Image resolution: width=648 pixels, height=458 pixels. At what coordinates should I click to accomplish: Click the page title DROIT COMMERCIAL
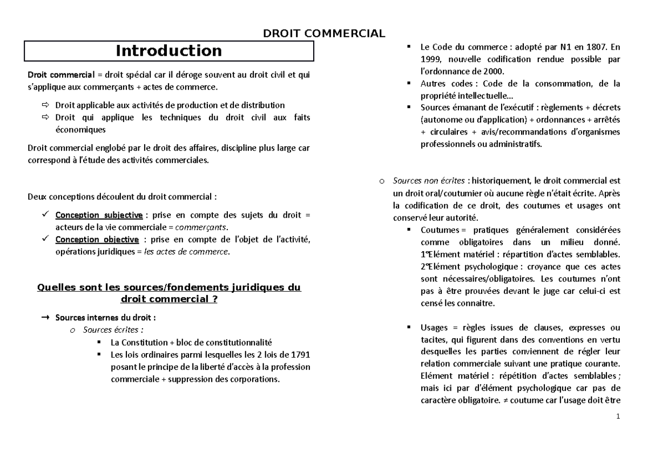coord(324,33)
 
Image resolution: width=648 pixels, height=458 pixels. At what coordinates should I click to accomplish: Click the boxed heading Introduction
coord(168,51)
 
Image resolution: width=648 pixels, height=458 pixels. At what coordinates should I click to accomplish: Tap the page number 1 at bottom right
coord(618,416)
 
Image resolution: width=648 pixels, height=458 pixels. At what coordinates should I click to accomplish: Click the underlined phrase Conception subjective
coord(99,215)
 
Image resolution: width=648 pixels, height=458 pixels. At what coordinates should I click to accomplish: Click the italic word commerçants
coord(202,227)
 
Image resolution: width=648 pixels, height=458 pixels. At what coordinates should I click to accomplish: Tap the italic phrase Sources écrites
coord(113,329)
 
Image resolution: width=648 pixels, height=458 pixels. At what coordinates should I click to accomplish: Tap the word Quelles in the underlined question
coord(55,287)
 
